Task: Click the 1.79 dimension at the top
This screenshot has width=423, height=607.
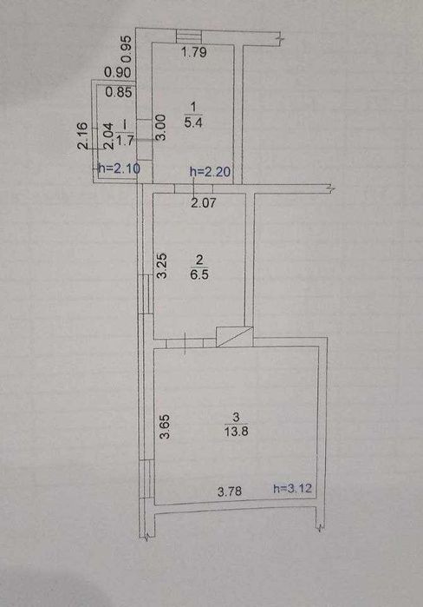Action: pos(194,52)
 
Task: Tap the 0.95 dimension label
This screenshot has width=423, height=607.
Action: pos(127,49)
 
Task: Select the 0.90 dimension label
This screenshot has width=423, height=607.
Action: pos(117,72)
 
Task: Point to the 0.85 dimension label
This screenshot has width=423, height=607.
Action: pos(119,92)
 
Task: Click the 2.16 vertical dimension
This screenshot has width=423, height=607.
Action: pos(84,135)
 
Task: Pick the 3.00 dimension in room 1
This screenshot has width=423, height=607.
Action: pos(160,128)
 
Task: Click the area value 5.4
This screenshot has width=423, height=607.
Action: pos(193,123)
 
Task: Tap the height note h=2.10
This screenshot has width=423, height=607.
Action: pos(119,168)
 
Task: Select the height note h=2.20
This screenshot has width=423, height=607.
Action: pos(210,171)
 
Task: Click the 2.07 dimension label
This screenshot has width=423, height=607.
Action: pos(203,202)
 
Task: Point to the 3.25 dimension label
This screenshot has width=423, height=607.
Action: pos(162,266)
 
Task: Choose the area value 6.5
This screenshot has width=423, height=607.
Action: pos(199,274)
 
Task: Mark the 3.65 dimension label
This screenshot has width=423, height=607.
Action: pos(165,426)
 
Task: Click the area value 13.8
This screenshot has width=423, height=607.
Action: pos(236,432)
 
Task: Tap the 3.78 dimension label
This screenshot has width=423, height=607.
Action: pos(230,492)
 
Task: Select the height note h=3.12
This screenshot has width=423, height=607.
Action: pos(292,489)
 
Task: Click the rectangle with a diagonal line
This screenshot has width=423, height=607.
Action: pos(235,337)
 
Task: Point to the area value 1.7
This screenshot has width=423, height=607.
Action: pos(125,140)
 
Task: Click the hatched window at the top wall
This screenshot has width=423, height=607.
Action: pos(189,37)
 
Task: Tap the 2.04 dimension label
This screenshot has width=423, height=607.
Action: pos(109,135)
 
